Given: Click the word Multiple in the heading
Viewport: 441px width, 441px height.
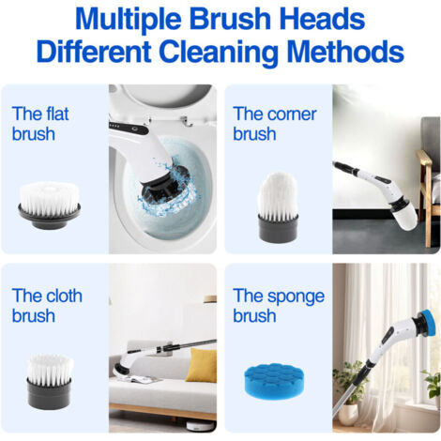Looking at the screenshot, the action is [x=128, y=20].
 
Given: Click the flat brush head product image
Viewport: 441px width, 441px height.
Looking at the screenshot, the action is [x=49, y=205].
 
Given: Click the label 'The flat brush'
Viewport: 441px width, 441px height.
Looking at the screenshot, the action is [x=40, y=124].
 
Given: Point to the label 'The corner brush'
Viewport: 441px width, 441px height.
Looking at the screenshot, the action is [x=275, y=124].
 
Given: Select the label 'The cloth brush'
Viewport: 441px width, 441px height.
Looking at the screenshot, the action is [x=47, y=305].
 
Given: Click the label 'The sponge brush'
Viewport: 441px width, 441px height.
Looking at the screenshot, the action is [x=279, y=305].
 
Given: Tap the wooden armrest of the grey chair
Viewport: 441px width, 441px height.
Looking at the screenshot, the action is [x=425, y=159].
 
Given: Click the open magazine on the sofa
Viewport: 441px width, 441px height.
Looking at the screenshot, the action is [x=146, y=379].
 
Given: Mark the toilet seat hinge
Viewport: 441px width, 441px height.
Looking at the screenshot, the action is [x=187, y=121].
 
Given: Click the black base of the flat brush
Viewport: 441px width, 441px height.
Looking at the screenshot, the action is [x=49, y=215].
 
